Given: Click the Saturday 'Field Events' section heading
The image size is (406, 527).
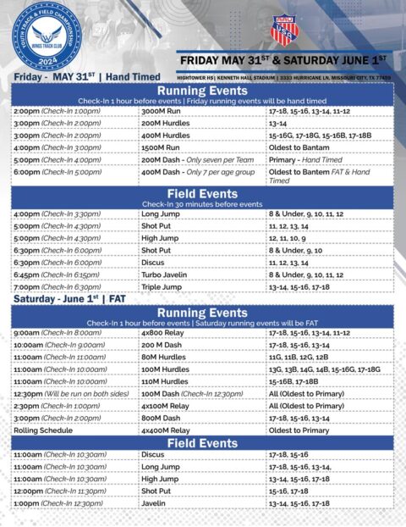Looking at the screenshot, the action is (202, 442).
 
